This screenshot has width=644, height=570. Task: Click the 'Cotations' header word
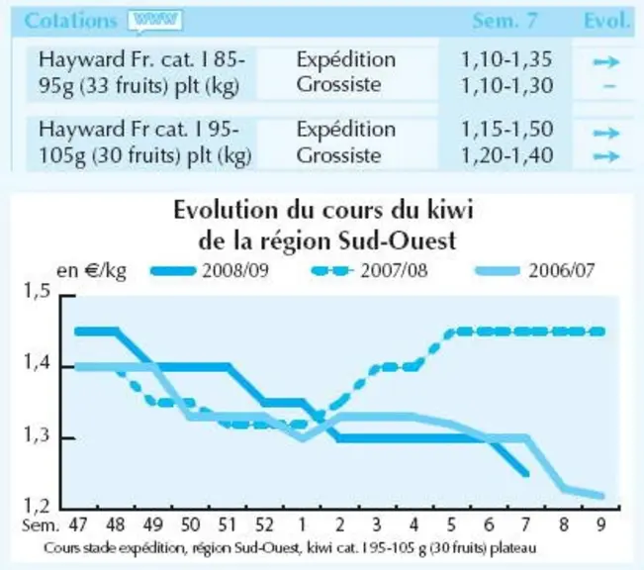pyautogui.click(x=70, y=21)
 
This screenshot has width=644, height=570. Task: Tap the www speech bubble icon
pyautogui.click(x=155, y=21)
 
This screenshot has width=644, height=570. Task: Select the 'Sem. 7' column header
pyautogui.click(x=505, y=21)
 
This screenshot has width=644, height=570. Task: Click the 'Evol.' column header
pyautogui.click(x=606, y=21)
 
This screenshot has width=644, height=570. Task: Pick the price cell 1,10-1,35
pyautogui.click(x=506, y=60)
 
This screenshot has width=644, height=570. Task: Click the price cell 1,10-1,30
pyautogui.click(x=506, y=86)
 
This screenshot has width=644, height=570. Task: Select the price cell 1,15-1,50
pyautogui.click(x=506, y=130)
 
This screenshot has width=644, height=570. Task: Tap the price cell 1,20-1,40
pyautogui.click(x=506, y=155)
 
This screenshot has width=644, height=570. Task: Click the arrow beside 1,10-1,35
pyautogui.click(x=606, y=62)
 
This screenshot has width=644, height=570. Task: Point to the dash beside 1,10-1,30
pyautogui.click(x=610, y=86)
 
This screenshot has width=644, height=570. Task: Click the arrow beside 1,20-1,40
pyautogui.click(x=606, y=156)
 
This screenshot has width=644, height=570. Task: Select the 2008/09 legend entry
pyautogui.click(x=210, y=271)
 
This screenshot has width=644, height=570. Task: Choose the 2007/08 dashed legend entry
pyautogui.click(x=369, y=271)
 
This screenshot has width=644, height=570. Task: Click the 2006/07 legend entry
pyautogui.click(x=535, y=271)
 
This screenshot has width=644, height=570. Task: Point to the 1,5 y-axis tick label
pyautogui.click(x=37, y=291)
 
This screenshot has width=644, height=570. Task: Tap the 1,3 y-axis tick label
pyautogui.click(x=37, y=435)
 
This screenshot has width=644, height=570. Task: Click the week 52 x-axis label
pyautogui.click(x=264, y=524)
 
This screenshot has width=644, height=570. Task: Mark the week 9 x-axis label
pyautogui.click(x=600, y=524)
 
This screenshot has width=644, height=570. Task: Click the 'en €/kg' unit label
pyautogui.click(x=91, y=271)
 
